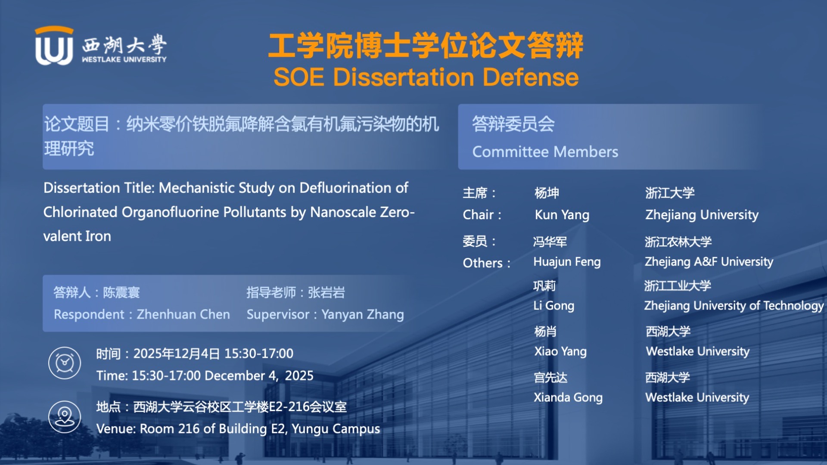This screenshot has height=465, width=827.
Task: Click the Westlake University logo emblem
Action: click(x=54, y=46)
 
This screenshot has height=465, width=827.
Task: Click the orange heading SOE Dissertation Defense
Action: click(x=426, y=77)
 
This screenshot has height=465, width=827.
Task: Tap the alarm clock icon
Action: click(x=65, y=363)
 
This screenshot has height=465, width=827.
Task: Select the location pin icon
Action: click(x=65, y=417)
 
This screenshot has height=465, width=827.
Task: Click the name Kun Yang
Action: click(x=562, y=215)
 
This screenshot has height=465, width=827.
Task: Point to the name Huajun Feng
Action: click(x=567, y=262)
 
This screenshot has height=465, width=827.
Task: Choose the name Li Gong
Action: click(x=554, y=306)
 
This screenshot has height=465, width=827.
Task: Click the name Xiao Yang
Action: click(x=560, y=351)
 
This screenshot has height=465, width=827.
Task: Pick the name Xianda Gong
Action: click(x=568, y=397)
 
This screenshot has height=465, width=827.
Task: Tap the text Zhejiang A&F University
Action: click(x=709, y=262)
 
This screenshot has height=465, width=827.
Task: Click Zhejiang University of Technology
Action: click(x=734, y=306)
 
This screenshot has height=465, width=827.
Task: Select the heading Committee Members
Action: click(x=545, y=152)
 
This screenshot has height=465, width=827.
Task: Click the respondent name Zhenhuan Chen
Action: click(x=183, y=314)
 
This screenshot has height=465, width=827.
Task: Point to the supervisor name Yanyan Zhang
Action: click(x=363, y=315)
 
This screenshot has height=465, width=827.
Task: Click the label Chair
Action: click(x=478, y=215)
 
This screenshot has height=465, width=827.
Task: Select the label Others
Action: click(x=483, y=263)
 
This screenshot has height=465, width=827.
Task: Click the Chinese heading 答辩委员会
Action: click(x=513, y=124)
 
